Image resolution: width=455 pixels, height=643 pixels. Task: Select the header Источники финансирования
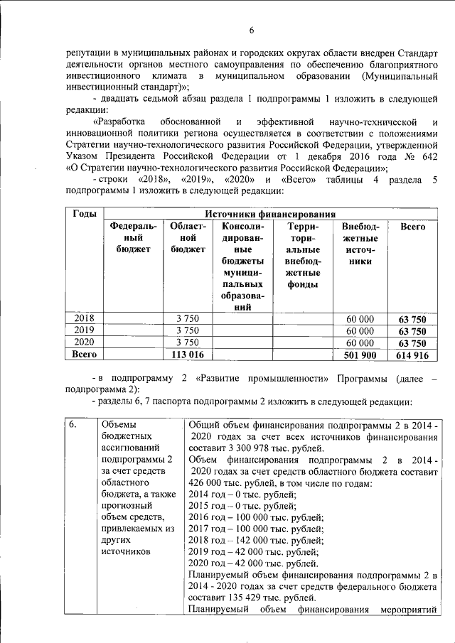click(x=270, y=214)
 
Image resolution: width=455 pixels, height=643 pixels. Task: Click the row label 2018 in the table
click(x=85, y=318)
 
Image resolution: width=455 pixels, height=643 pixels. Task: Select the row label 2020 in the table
click(x=85, y=342)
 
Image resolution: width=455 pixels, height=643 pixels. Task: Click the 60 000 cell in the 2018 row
click(x=360, y=318)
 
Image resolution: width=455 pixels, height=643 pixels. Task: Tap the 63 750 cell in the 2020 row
click(x=412, y=342)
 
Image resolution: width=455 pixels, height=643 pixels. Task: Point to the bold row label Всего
click(x=85, y=354)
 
